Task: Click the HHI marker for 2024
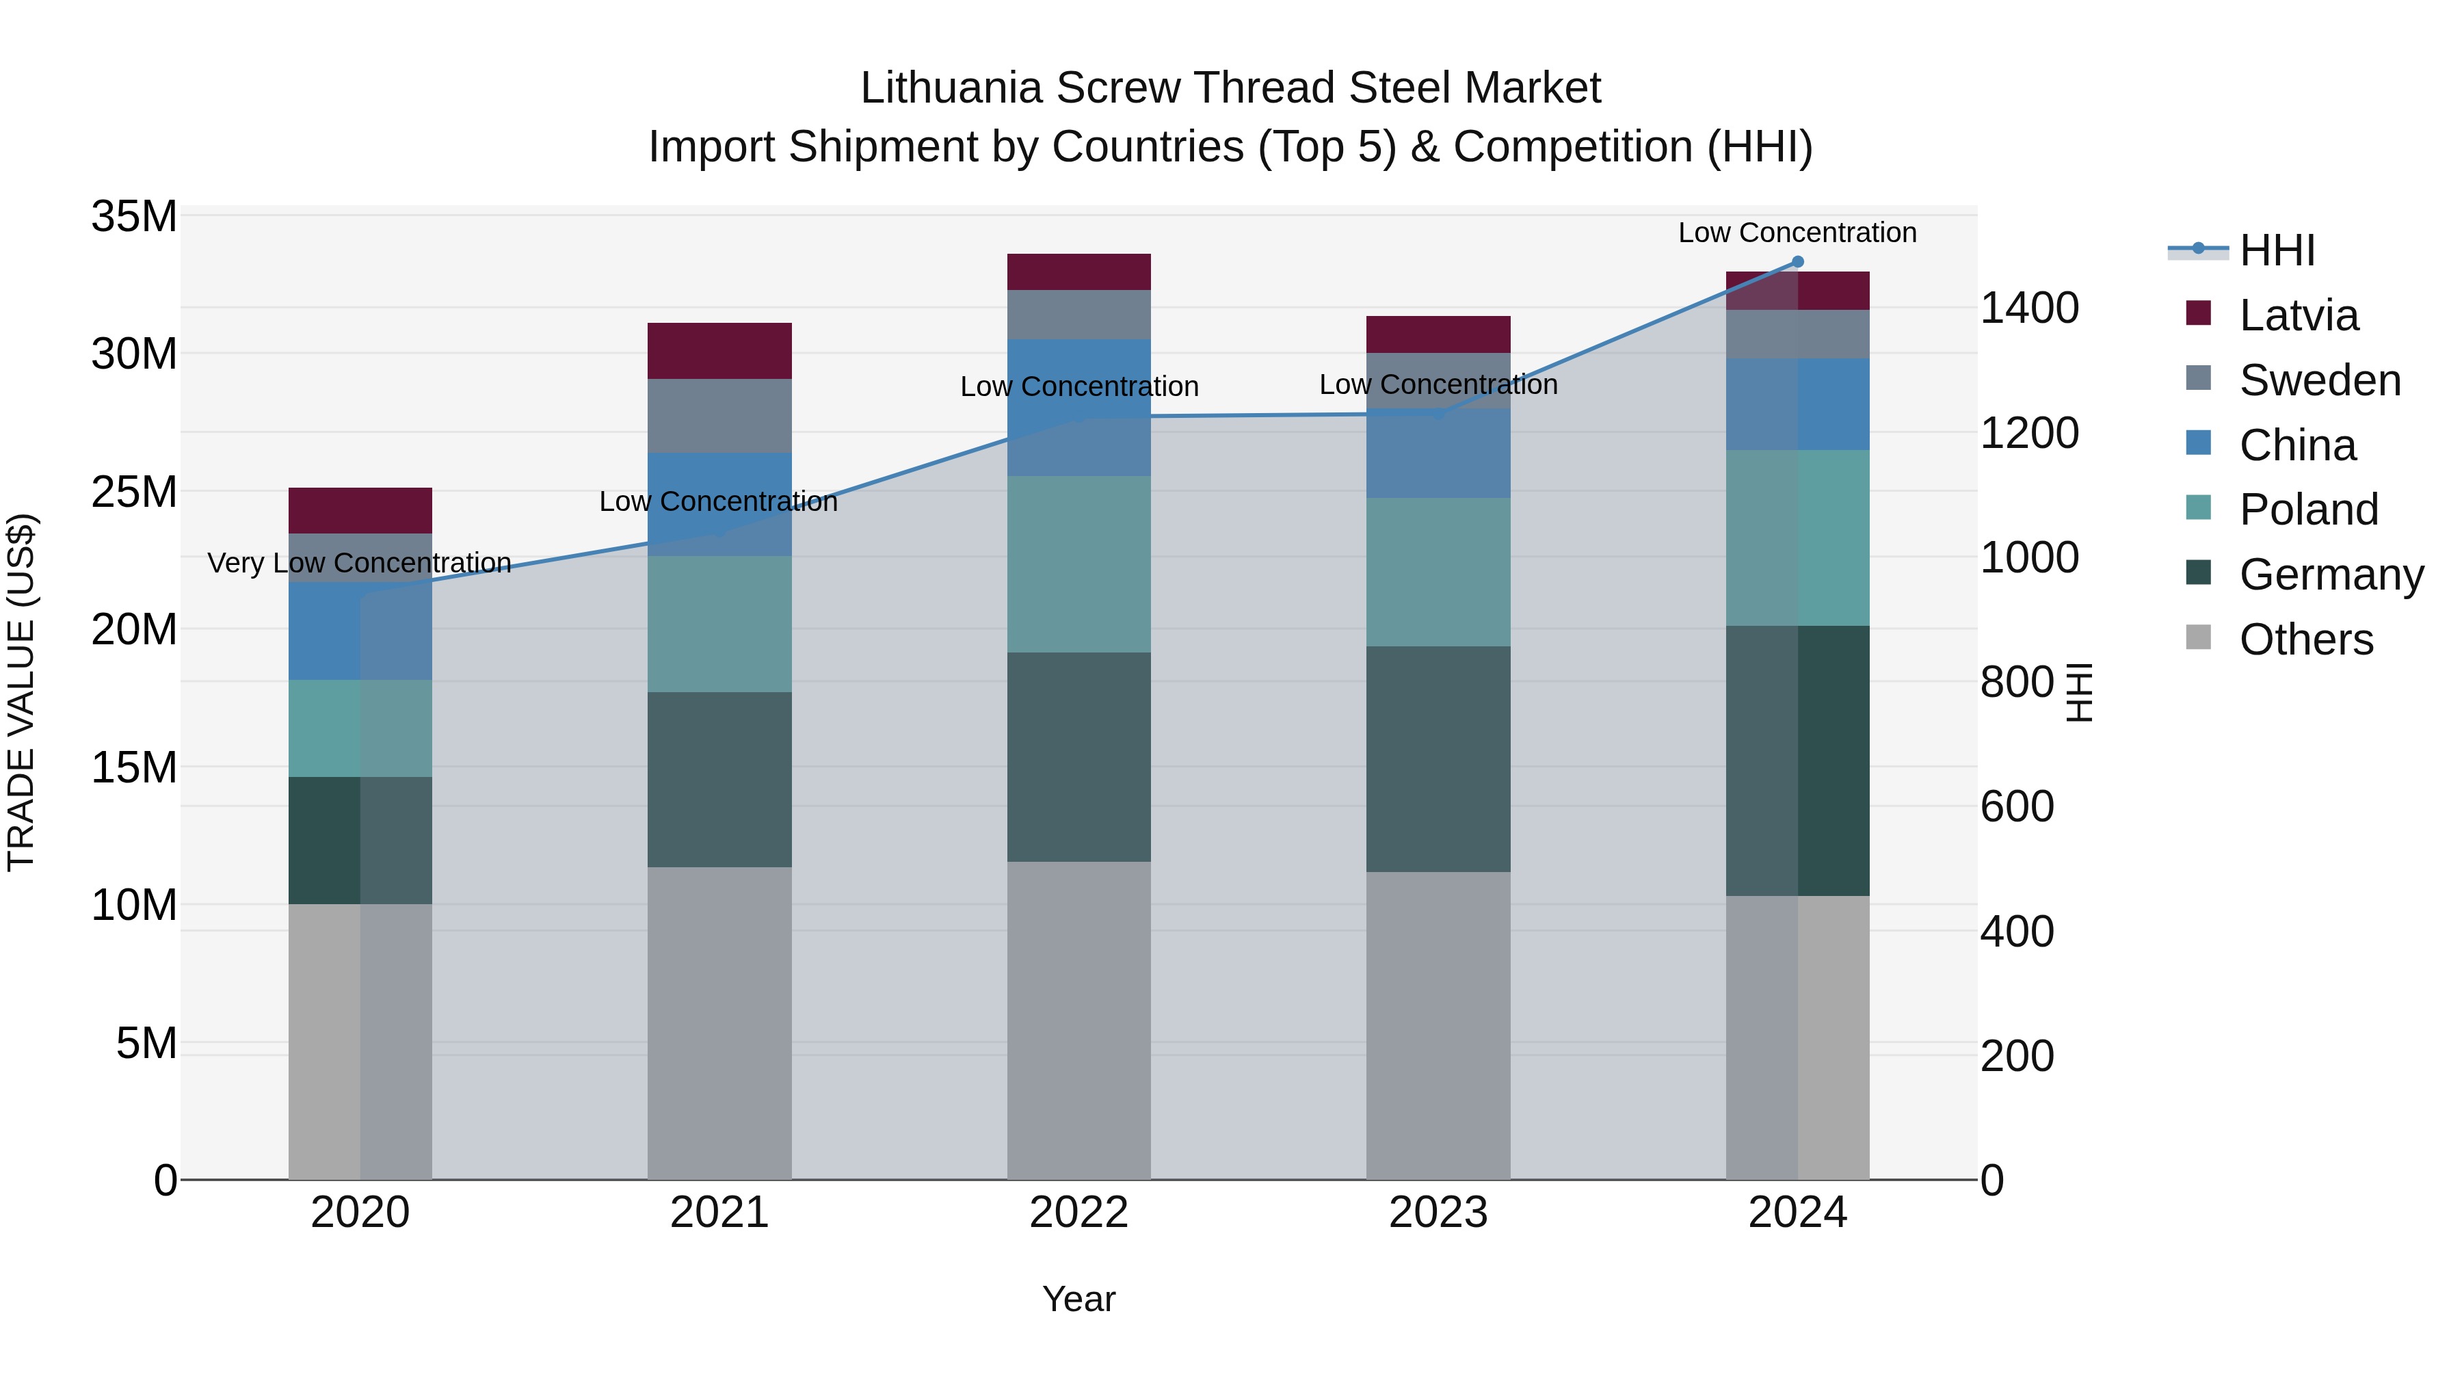point(1797,262)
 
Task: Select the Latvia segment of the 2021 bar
point(719,351)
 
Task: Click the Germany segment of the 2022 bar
point(1079,757)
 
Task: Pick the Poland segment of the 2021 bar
point(719,624)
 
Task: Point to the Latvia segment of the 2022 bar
point(1079,272)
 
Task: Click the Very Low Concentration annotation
point(359,563)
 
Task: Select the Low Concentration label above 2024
point(1797,233)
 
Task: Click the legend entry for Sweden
point(2320,380)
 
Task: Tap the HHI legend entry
point(2277,250)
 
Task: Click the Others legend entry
point(2305,639)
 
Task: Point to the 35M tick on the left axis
point(134,217)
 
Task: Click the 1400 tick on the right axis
point(2029,308)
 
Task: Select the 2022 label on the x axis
point(1079,1213)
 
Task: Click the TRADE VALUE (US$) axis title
point(21,692)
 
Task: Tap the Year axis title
point(1079,1299)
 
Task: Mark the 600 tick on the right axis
point(2017,807)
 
